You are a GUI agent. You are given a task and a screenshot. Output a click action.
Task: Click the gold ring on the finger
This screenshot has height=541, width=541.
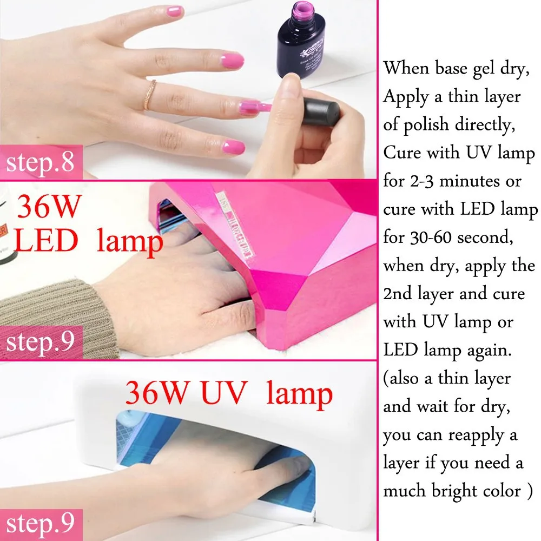click(150, 95)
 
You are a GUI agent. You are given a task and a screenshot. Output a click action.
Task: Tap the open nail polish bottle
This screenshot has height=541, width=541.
click(301, 39)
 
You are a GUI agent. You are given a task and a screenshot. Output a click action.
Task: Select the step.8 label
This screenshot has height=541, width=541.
click(40, 162)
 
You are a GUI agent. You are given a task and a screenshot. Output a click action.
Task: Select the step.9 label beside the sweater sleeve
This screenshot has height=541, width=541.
click(40, 342)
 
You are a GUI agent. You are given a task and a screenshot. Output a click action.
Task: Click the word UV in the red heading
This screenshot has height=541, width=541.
click(224, 393)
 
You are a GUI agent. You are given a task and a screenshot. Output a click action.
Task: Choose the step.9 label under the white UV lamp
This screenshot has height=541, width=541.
click(40, 524)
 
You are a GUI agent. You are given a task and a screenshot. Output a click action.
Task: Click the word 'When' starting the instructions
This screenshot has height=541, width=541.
click(406, 68)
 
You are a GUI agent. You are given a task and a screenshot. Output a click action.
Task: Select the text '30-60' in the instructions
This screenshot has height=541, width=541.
click(431, 237)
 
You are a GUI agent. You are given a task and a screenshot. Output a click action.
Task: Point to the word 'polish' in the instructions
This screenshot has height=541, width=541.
click(426, 126)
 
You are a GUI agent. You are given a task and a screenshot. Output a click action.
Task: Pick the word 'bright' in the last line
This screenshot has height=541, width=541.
click(454, 492)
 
